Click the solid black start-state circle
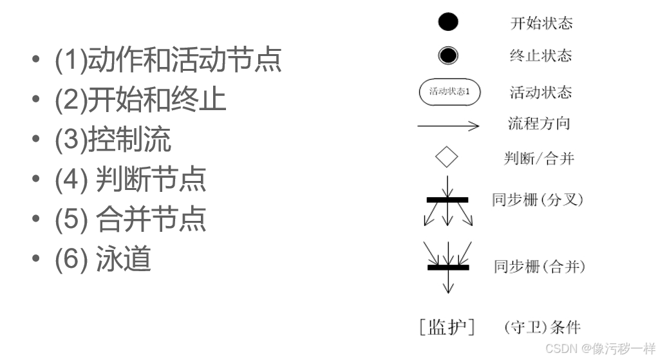[x=448, y=22]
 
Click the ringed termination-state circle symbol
[x=448, y=55]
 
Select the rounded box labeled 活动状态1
[x=449, y=91]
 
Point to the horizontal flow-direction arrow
[x=448, y=126]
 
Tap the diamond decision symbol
[x=446, y=156]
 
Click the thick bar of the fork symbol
[x=447, y=200]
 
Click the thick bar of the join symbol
[x=448, y=267]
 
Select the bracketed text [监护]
[x=447, y=327]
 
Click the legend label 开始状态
[x=541, y=24]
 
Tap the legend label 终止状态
[x=541, y=56]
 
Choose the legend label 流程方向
[x=539, y=124]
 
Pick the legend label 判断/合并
[x=538, y=158]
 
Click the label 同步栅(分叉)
[x=537, y=200]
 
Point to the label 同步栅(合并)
[x=540, y=266]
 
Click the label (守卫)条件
[x=542, y=327]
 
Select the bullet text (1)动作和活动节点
[x=168, y=60]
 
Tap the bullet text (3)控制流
[x=113, y=140]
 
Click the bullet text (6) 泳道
[x=103, y=259]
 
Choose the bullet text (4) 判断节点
[x=130, y=179]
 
